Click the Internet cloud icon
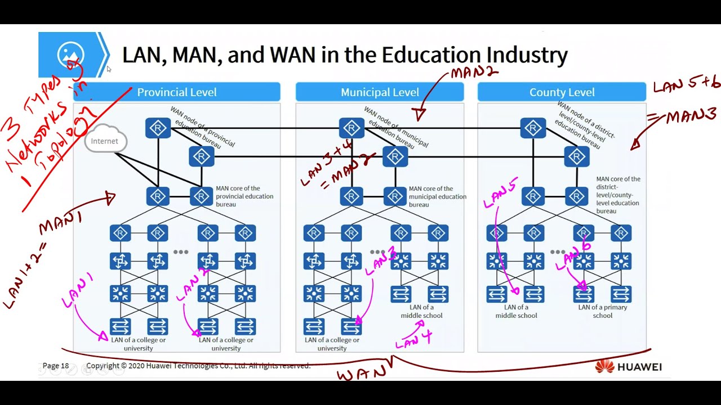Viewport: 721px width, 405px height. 105,141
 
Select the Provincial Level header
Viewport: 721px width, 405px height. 176,92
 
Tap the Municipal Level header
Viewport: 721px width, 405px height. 380,92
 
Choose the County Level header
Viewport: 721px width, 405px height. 562,92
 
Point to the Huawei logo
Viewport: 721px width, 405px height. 629,367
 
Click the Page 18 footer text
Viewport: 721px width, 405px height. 56,366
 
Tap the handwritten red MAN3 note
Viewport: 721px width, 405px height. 691,116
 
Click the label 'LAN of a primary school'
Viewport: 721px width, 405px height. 602,312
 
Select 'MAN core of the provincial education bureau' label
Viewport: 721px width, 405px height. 244,196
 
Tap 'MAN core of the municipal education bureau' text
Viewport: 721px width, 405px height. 438,197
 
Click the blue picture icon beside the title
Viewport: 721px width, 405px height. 71,55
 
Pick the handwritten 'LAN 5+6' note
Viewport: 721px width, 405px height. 686,85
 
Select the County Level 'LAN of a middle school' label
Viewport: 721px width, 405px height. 516,312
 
